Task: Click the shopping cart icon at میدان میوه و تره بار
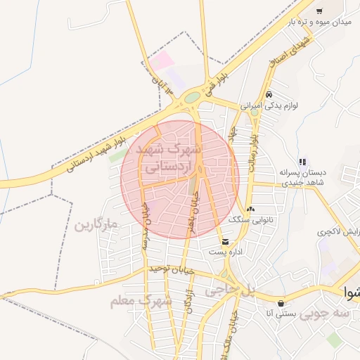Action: coord(320,11)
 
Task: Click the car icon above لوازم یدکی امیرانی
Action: coord(269,94)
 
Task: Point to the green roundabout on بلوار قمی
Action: coord(192,98)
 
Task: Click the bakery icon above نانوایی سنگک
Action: coord(251,209)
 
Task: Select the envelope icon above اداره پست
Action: coord(224,240)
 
